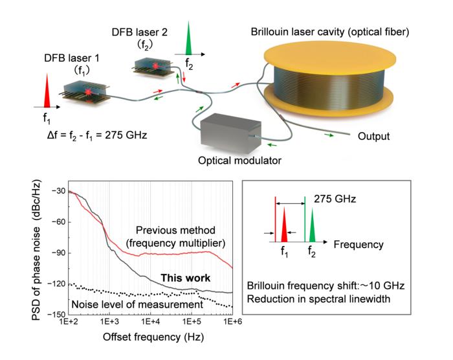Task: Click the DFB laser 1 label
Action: pos(72,58)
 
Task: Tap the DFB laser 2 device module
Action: pos(152,67)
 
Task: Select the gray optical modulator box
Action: pos(231,133)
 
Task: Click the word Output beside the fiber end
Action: pos(373,136)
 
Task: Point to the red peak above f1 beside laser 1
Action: pos(47,91)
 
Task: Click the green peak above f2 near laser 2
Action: pos(188,38)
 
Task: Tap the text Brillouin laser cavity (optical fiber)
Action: pos(330,32)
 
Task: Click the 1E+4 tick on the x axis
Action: pos(150,321)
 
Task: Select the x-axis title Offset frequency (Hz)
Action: pos(153,337)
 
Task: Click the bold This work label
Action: pos(186,278)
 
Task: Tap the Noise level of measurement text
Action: pos(137,304)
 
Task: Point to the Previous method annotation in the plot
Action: pos(175,236)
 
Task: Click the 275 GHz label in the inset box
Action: pos(335,199)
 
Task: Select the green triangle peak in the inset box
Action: pos(312,225)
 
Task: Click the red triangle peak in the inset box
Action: pos(284,225)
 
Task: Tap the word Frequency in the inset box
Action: pos(359,245)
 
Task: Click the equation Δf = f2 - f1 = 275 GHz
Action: pos(97,135)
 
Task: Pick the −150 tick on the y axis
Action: pos(58,314)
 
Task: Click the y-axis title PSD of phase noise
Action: pos(36,250)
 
